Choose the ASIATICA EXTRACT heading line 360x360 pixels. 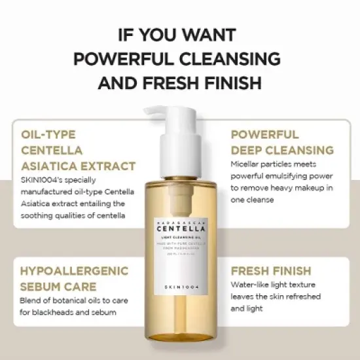point(79,166)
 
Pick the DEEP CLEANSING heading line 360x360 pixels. point(282,150)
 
